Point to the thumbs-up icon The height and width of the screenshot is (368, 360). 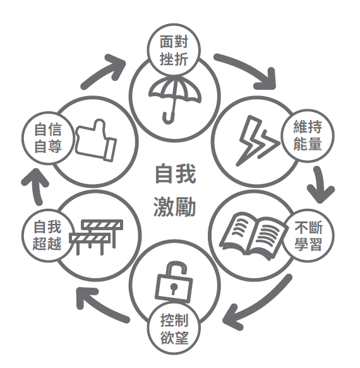coord(96,140)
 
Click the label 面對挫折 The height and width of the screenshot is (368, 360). coord(174,51)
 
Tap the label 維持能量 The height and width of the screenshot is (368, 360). coord(308,136)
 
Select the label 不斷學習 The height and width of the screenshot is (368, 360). coord(308,236)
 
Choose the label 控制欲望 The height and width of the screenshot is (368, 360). coord(174,329)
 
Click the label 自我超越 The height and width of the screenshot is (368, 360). coord(47,235)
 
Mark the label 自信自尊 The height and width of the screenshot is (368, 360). coord(48,138)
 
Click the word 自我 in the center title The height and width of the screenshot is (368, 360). coord(176,174)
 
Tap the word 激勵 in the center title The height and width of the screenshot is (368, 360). coord(174,207)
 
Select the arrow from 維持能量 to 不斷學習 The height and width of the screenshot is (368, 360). coord(320,185)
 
